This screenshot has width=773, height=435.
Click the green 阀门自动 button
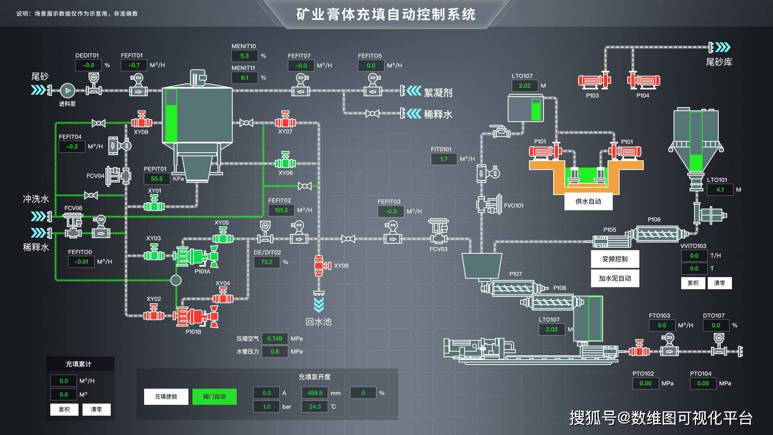pyautogui.click(x=214, y=396)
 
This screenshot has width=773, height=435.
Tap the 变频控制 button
pyautogui.click(x=615, y=259)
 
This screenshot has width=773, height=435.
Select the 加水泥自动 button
pyautogui.click(x=615, y=278)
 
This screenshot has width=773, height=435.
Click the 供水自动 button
pyautogui.click(x=588, y=201)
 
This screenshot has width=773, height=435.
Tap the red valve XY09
pyautogui.click(x=319, y=265)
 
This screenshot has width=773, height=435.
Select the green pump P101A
pyautogui.click(x=195, y=256)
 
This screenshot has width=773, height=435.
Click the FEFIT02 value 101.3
pyautogui.click(x=281, y=210)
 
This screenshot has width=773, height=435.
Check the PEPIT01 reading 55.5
pyautogui.click(x=157, y=178)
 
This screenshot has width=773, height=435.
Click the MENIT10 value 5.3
pyautogui.click(x=244, y=56)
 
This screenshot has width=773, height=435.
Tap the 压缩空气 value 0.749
pyautogui.click(x=275, y=339)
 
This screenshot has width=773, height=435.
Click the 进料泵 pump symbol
pyautogui.click(x=68, y=91)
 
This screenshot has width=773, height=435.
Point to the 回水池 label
pyautogui.click(x=318, y=322)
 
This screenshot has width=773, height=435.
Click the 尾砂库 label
pyautogui.click(x=719, y=62)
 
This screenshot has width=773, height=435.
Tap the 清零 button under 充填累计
pyautogui.click(x=96, y=410)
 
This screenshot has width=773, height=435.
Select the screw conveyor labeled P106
pyautogui.click(x=657, y=234)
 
